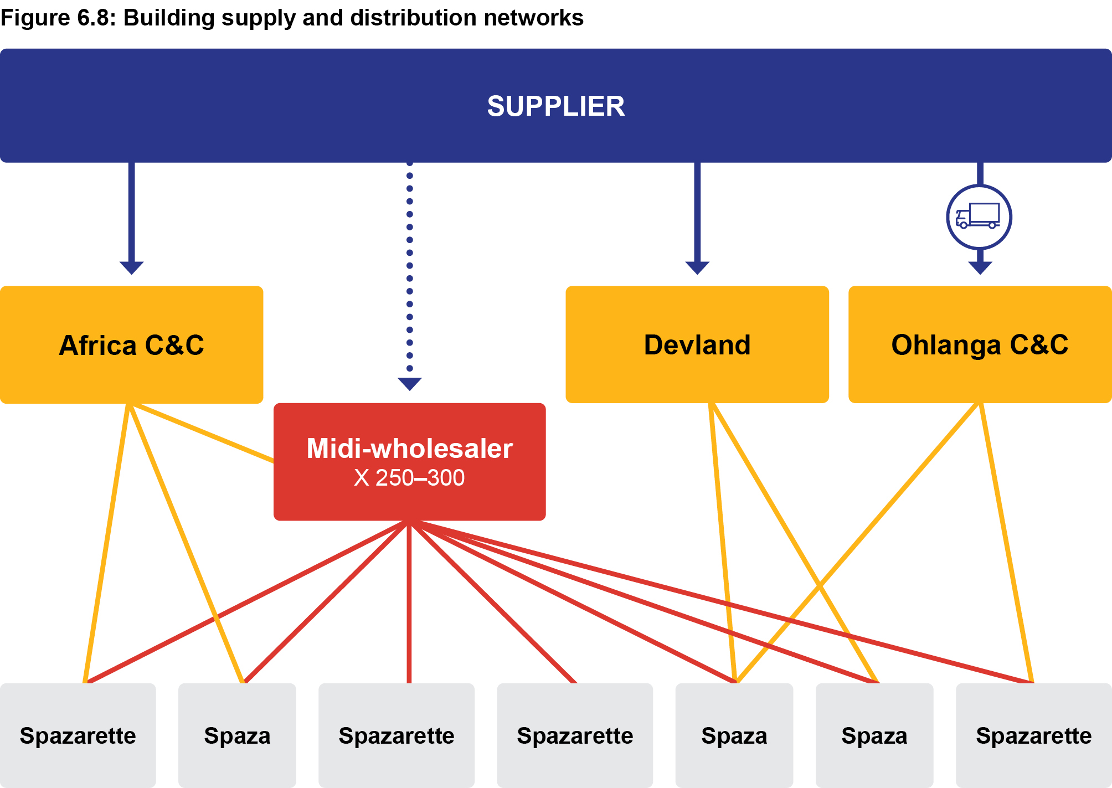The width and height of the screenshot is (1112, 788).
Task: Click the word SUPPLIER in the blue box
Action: (x=555, y=106)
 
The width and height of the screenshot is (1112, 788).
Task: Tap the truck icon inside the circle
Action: (x=979, y=216)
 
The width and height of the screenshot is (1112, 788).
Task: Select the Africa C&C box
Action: (x=131, y=344)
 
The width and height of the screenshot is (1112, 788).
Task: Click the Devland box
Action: (x=697, y=344)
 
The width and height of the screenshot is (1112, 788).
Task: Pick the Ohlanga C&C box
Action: (x=979, y=344)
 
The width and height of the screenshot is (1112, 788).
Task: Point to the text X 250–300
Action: (x=409, y=478)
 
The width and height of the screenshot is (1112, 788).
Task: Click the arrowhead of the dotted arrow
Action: (x=409, y=383)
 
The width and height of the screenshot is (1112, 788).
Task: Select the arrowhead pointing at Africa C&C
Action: (x=131, y=267)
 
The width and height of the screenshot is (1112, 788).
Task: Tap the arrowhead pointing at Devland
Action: (x=697, y=267)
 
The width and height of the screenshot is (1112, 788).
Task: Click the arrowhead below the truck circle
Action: (x=980, y=267)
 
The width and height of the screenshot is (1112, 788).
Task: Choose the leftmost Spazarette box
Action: (x=78, y=735)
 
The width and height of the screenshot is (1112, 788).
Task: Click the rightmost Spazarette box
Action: (x=1033, y=735)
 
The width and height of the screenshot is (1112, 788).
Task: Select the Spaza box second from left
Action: (x=237, y=735)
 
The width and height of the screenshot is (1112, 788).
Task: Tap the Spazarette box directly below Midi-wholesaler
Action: (x=397, y=735)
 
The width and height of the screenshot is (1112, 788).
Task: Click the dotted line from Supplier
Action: (x=409, y=266)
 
